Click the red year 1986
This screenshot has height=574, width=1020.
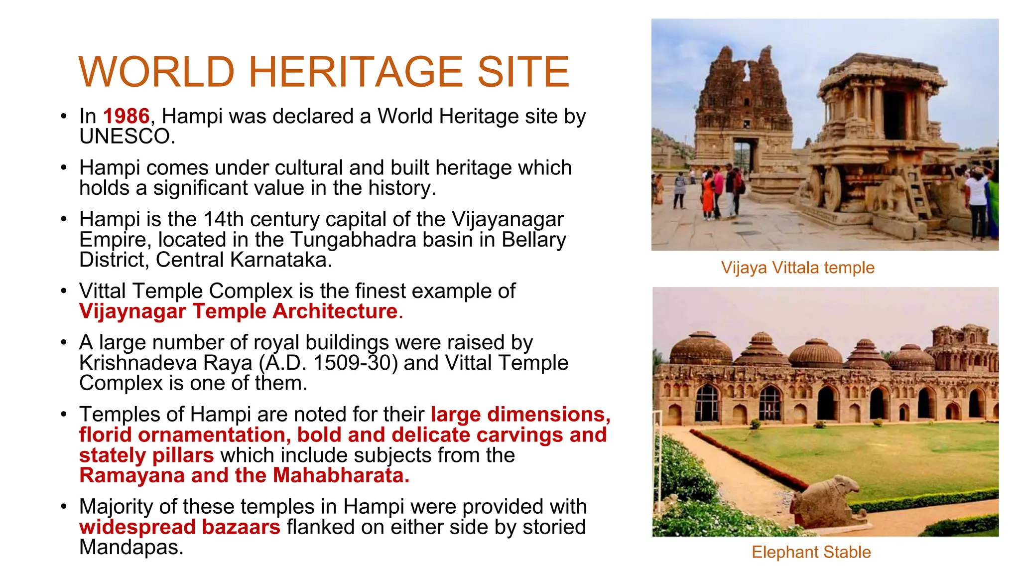click(126, 117)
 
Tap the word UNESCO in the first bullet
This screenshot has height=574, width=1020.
click(127, 137)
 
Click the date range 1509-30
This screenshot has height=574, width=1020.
click(356, 363)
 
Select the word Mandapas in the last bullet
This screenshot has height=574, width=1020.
click(131, 548)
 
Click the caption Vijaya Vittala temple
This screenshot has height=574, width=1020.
click(797, 268)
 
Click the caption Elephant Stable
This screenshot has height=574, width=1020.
click(811, 552)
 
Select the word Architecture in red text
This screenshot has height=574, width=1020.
click(335, 311)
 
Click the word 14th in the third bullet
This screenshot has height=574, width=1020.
click(224, 219)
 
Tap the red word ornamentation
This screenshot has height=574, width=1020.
click(211, 435)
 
